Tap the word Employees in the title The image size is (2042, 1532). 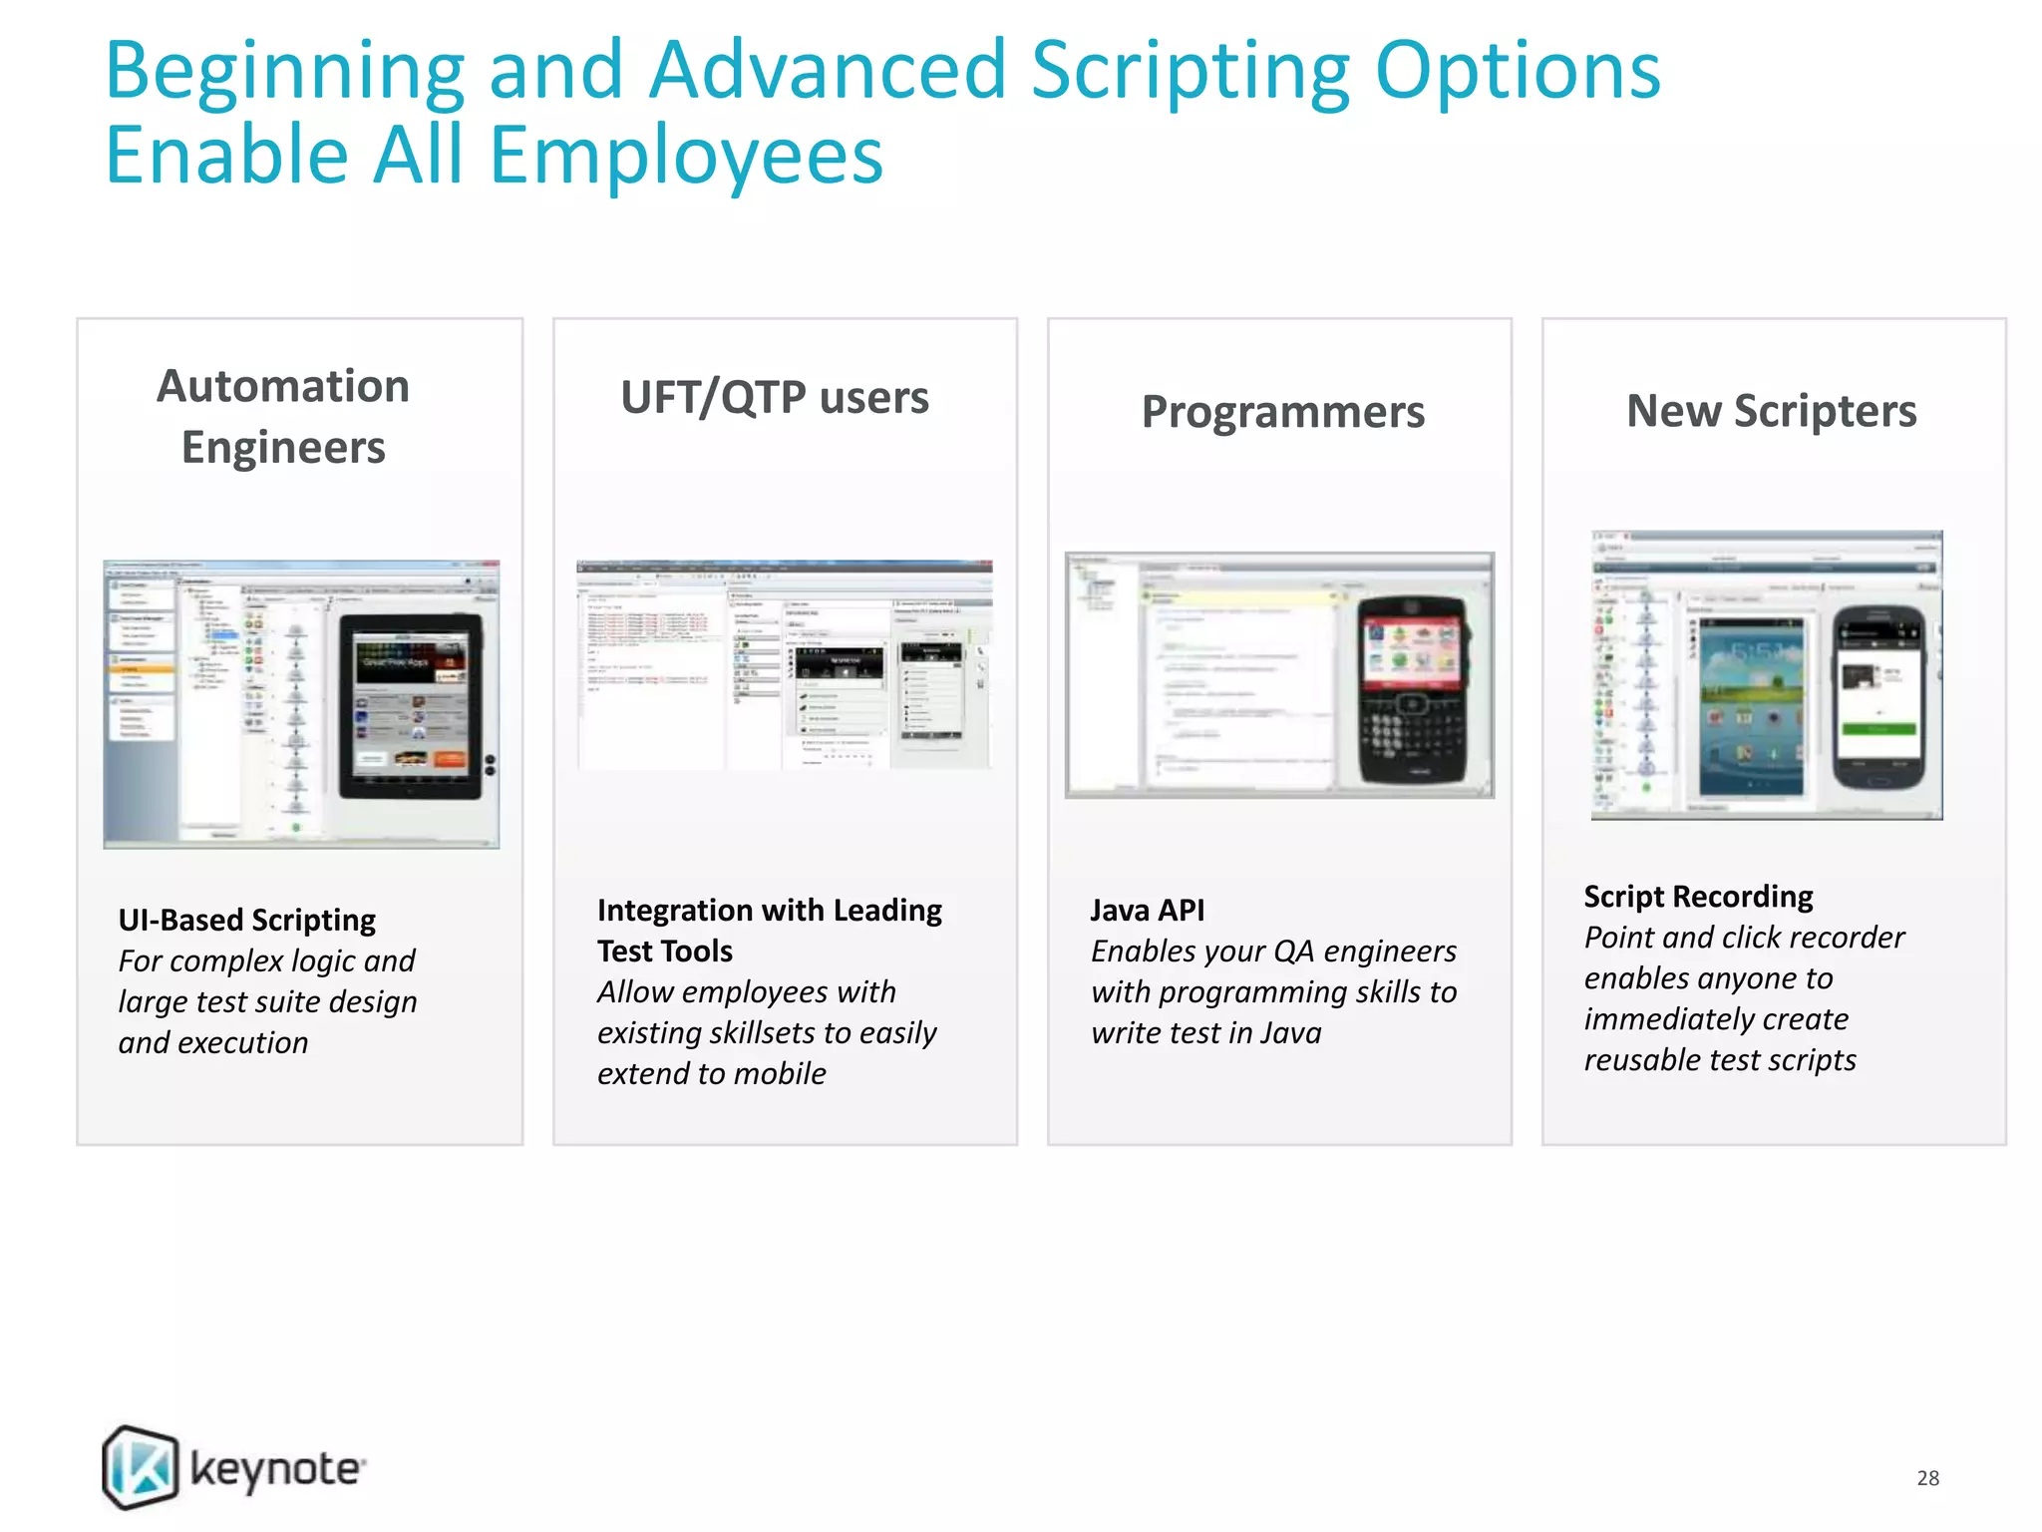tap(686, 157)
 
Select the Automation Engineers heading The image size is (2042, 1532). tap(283, 416)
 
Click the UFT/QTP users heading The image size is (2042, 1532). tap(775, 397)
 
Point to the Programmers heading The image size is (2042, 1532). tap(1282, 411)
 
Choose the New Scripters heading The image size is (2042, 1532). tap(1771, 410)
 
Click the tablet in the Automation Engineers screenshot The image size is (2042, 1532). tap(410, 705)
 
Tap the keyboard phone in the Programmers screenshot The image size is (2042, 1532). tap(1412, 688)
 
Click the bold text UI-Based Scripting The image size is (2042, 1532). tap(247, 920)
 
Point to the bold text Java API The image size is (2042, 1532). tap(1147, 910)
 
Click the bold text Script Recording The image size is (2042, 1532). tap(1698, 896)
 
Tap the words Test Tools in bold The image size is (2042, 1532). tap(665, 951)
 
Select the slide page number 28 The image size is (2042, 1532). tap(1927, 1477)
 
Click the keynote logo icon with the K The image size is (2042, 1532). tap(141, 1466)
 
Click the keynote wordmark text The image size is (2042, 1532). tap(276, 1470)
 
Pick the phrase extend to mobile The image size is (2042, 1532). tap(711, 1073)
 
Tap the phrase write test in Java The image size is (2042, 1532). tap(1205, 1032)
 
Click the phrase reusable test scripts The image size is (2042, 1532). tap(1719, 1059)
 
